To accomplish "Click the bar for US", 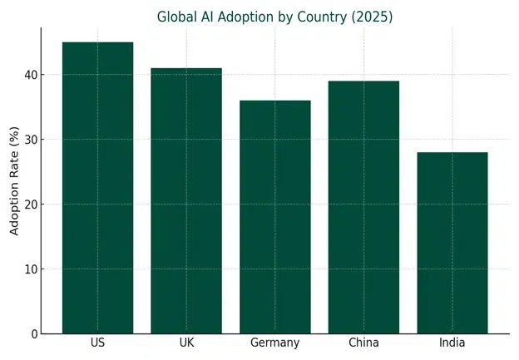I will pyautogui.click(x=97, y=188).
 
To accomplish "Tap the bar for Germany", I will pyautogui.click(x=274, y=217).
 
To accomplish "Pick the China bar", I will pyautogui.click(x=363, y=208).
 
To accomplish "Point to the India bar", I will pyautogui.click(x=452, y=243).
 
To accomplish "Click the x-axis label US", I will pyautogui.click(x=97, y=343).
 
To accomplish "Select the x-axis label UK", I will pyautogui.click(x=186, y=343).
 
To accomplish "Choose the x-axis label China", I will pyautogui.click(x=363, y=343).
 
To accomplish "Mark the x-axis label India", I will pyautogui.click(x=452, y=343).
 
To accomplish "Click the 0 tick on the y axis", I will pyautogui.click(x=33, y=334).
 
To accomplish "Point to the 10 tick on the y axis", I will pyautogui.click(x=30, y=269).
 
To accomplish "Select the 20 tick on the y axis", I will pyautogui.click(x=30, y=205).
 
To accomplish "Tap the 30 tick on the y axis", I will pyautogui.click(x=30, y=140).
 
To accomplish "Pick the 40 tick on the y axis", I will pyautogui.click(x=30, y=75).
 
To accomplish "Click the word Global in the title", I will pyautogui.click(x=177, y=17).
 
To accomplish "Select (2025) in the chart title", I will pyautogui.click(x=373, y=17).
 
